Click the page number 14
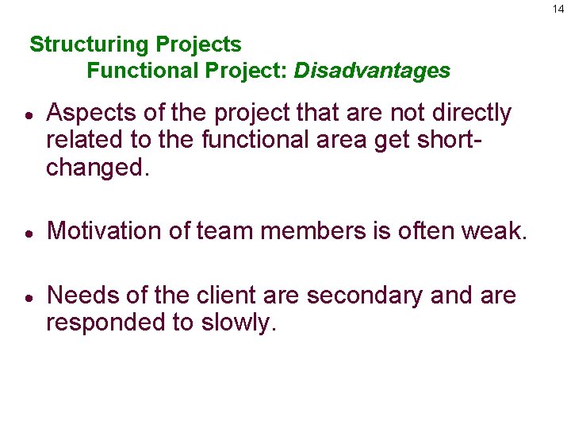coord(559,9)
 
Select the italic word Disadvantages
coord(372,71)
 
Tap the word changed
coord(97,168)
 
